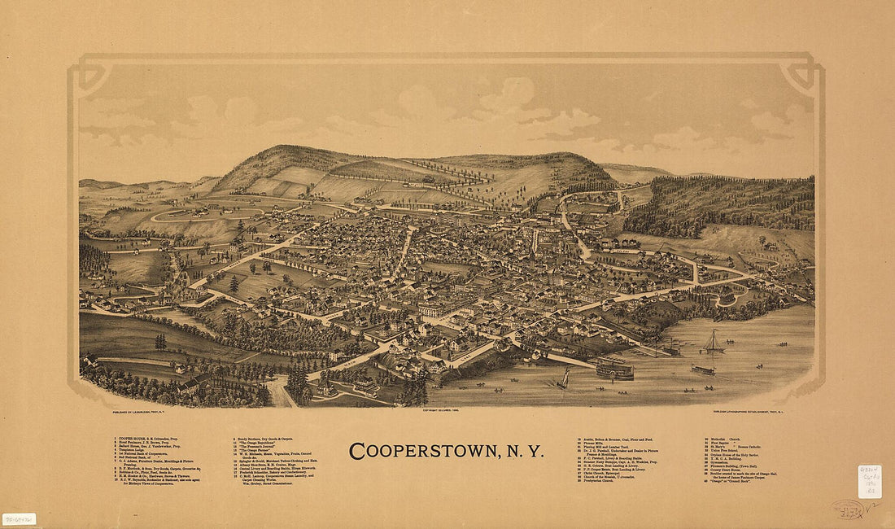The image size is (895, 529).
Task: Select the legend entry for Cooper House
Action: (x=147, y=439)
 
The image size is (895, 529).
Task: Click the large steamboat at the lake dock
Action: (x=615, y=369)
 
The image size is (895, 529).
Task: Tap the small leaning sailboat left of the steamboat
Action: (x=563, y=378)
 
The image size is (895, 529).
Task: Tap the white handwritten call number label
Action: (x=869, y=481)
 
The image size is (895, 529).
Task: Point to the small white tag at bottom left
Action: (x=19, y=518)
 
